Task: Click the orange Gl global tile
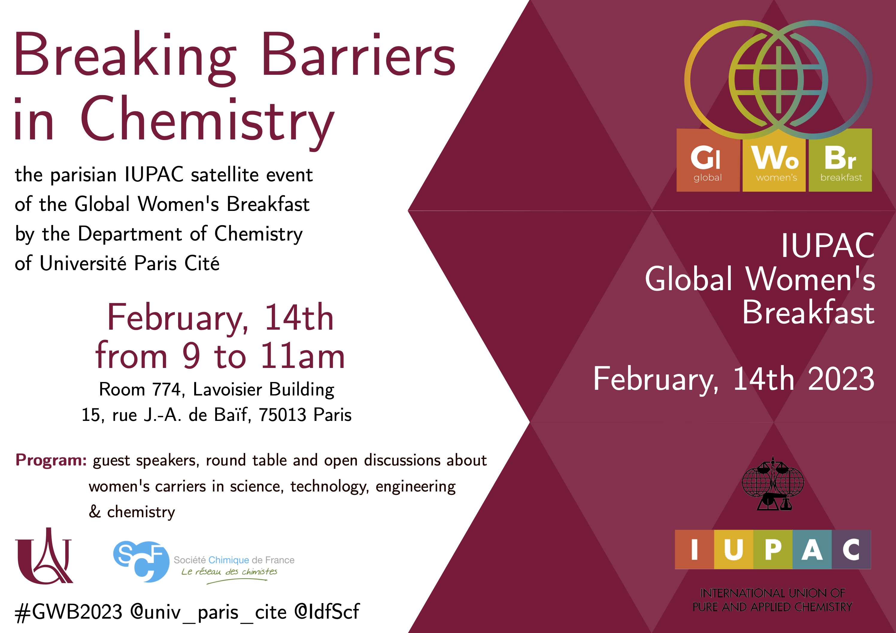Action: [x=708, y=160]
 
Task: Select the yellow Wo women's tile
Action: [x=774, y=160]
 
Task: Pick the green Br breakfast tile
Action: [x=840, y=160]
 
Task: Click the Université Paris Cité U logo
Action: [x=44, y=556]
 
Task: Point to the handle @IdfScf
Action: [x=327, y=611]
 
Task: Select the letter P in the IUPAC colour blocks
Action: [x=773, y=550]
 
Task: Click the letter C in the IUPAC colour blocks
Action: [x=851, y=550]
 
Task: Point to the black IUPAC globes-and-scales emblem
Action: [x=773, y=484]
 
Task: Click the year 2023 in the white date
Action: [x=841, y=379]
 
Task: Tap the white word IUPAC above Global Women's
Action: [x=828, y=245]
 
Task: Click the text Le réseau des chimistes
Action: [x=229, y=572]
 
